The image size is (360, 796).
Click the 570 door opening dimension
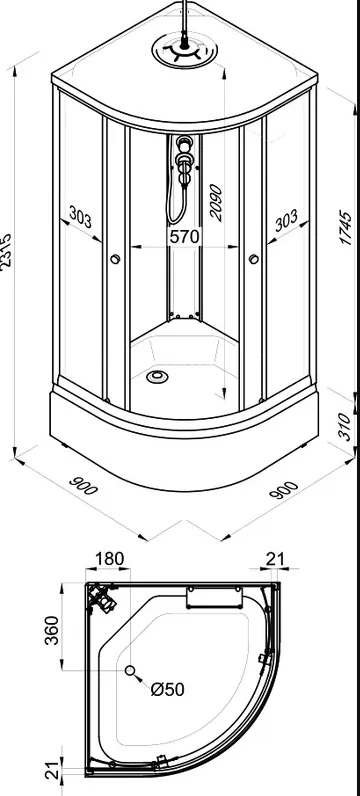[x=185, y=236]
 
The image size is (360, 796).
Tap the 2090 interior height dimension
[x=216, y=203]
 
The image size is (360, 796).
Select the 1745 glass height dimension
[x=345, y=228]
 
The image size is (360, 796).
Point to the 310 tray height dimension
[x=344, y=427]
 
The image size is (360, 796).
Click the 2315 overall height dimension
[x=6, y=252]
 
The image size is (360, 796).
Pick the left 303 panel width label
[x=80, y=218]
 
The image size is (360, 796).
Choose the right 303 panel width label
[x=286, y=221]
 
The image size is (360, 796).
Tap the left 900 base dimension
[x=82, y=485]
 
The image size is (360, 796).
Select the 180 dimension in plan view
[x=109, y=558]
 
